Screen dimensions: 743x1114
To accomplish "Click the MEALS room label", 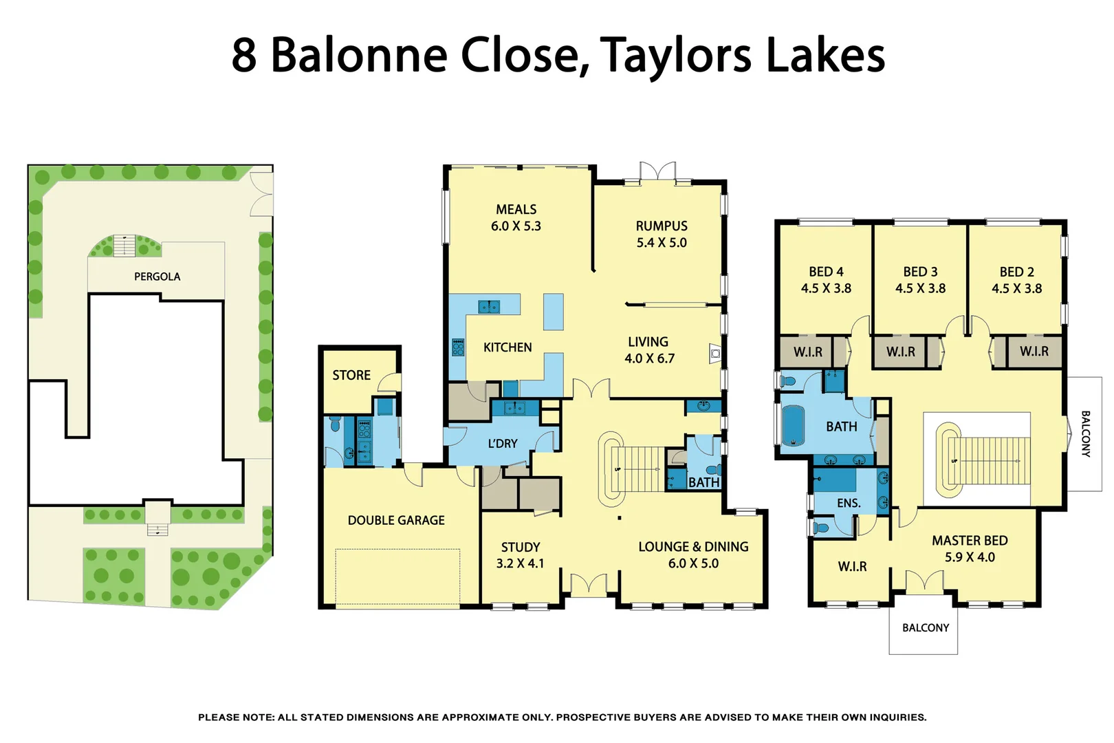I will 516,209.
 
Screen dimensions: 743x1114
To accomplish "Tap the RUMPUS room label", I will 662,226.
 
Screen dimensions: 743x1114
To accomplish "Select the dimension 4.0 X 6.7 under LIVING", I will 649,358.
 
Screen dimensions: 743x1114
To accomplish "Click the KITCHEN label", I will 507,347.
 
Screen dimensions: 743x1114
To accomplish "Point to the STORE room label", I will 351,375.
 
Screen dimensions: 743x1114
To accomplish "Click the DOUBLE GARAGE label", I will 396,520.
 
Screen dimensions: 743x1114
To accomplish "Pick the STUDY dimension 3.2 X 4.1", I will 520,563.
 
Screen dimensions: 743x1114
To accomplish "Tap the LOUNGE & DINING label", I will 693,546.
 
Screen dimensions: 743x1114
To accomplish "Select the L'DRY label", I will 503,444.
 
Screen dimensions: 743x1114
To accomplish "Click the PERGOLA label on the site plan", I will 157,277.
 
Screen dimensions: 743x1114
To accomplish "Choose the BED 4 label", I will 826,272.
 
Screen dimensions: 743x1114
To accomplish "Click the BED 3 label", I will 920,272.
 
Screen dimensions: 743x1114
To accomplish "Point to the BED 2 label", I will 1016,272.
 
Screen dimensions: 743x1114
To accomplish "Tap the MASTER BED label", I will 970,541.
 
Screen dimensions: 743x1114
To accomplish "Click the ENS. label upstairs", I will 849,503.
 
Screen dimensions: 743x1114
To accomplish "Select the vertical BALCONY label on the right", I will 1085,434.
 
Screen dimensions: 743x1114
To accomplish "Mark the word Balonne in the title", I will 359,54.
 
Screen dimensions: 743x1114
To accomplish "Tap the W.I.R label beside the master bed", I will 852,566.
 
